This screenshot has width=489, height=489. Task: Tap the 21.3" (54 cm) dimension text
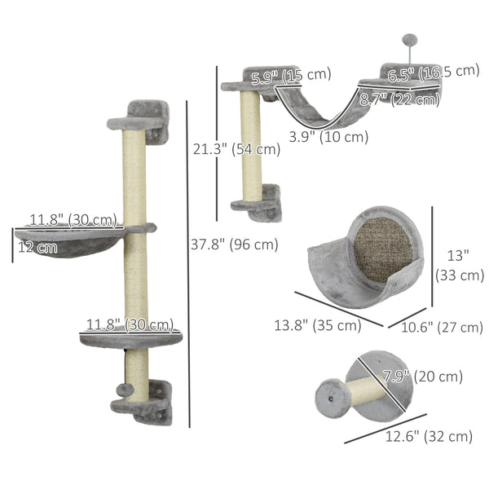coord(236,149)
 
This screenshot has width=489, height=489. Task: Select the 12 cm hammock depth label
coord(36,247)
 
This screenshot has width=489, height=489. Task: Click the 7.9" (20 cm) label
coord(422,377)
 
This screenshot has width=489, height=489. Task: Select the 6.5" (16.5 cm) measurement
coord(434,73)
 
